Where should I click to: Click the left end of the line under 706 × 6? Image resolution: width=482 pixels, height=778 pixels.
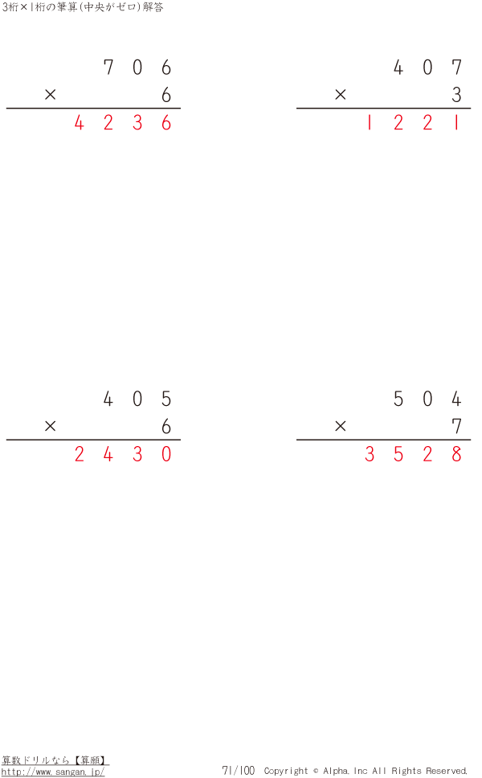point(6,108)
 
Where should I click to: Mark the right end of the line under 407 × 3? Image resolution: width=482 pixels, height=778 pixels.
point(471,108)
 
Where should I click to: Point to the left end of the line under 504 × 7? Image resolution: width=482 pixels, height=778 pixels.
point(296,439)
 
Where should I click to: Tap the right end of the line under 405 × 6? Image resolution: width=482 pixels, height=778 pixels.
point(181,439)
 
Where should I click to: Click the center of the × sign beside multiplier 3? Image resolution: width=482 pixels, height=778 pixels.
point(340,94)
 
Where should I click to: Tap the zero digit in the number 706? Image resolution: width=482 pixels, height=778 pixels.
point(137,67)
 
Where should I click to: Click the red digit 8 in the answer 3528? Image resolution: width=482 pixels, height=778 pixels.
point(457,453)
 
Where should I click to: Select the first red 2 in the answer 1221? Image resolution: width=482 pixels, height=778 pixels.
point(398,122)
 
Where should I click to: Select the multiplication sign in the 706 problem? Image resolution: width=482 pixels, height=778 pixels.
point(50,94)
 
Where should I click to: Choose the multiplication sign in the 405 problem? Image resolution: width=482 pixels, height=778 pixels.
point(50,426)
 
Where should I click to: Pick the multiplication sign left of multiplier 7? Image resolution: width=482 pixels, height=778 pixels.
point(340,426)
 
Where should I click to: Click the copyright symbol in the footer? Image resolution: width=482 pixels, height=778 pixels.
point(316,771)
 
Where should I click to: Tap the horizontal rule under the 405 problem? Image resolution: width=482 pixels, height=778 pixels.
point(93,439)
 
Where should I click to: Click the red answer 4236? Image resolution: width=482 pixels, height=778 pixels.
point(122,122)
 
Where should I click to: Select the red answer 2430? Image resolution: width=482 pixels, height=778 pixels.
point(122,453)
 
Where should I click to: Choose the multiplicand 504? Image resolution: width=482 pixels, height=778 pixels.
point(427,399)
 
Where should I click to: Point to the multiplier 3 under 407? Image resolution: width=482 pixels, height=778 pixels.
point(457,94)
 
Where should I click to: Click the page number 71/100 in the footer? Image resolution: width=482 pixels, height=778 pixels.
point(238,770)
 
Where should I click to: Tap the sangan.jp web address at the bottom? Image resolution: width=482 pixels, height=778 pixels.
point(53,772)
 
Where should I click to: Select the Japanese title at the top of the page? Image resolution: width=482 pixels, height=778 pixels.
point(82,7)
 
